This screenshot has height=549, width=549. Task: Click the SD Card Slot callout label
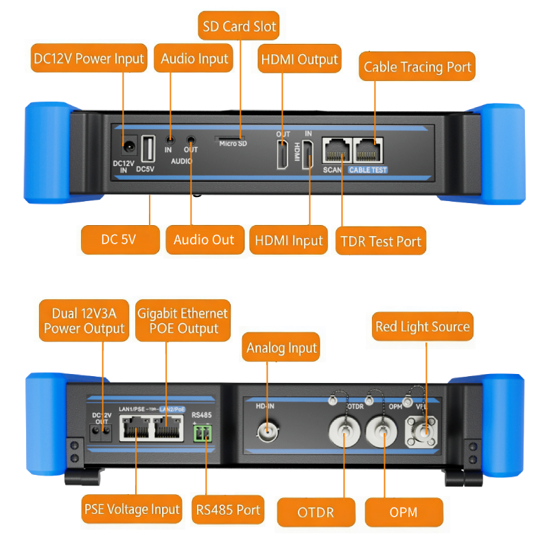239,26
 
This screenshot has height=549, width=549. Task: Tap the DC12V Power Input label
89,58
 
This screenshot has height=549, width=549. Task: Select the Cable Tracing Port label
417,66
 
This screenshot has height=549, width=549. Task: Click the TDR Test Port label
381,241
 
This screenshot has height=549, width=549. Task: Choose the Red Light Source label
423,327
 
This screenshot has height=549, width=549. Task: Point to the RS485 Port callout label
228,509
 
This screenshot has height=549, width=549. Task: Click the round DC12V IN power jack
128,146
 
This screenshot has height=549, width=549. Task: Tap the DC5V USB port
148,149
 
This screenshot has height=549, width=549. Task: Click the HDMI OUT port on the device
282,154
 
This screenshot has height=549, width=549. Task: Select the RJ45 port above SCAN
336,151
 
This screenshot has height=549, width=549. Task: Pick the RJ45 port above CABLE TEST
368,151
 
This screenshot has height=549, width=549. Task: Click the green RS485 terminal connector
202,433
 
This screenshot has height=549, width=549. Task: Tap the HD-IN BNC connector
268,432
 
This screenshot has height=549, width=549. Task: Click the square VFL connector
421,432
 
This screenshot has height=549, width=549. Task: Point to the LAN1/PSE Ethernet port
135,428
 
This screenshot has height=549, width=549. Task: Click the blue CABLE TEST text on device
368,170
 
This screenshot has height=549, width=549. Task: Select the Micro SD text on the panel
233,143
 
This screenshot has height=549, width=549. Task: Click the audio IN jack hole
170,141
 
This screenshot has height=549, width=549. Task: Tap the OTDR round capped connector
344,432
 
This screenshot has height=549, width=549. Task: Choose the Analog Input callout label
281,347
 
